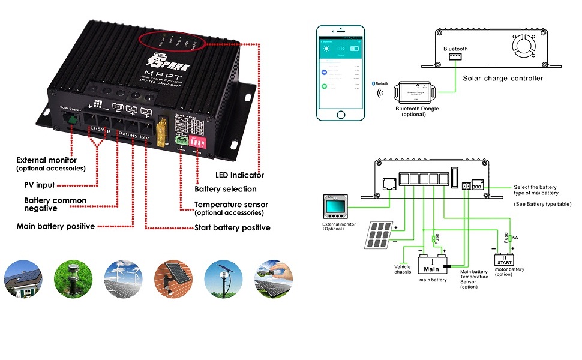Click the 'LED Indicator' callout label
tap(239, 175)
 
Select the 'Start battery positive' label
tap(232, 228)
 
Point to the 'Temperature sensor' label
tap(231, 205)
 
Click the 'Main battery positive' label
tap(55, 226)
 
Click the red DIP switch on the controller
tap(199, 142)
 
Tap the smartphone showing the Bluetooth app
tap(340, 73)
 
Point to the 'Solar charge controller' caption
tap(503, 78)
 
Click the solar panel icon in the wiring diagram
tap(377, 236)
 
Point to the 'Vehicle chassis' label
tap(403, 269)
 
